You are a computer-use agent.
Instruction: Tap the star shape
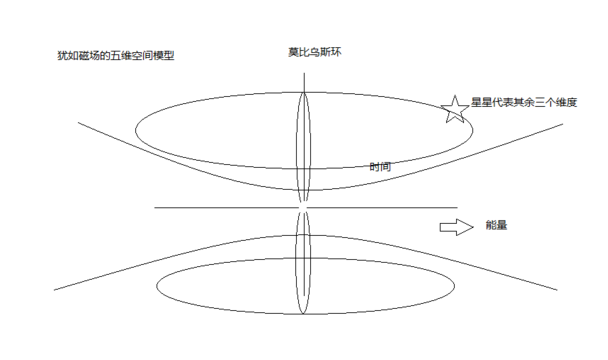point(455,109)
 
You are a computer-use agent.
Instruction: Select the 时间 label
point(380,167)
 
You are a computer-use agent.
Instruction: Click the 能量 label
point(496,226)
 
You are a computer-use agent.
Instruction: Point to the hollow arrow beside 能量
point(455,227)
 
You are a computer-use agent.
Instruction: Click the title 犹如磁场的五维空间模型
point(116,55)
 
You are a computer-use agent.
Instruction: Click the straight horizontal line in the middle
point(300,208)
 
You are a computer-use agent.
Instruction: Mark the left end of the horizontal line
point(153,208)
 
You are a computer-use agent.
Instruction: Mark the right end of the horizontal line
point(458,208)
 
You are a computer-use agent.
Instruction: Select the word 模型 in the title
point(163,55)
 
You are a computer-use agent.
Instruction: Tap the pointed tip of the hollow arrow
point(469,227)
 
